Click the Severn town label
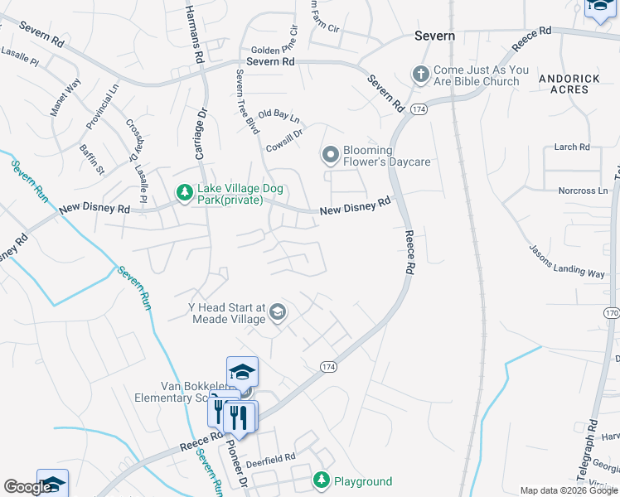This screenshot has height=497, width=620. click(x=434, y=36)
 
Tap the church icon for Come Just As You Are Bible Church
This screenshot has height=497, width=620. click(x=421, y=75)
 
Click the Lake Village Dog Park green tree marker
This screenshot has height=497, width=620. click(x=183, y=193)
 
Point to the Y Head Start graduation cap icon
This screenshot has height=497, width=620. click(x=278, y=311)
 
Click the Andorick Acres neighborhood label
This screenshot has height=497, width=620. click(x=569, y=83)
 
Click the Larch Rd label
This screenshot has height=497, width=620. click(x=572, y=147)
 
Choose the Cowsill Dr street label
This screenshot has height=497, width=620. click(x=284, y=138)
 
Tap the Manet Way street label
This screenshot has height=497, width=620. click(x=66, y=97)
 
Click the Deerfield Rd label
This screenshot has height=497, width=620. click(x=272, y=456)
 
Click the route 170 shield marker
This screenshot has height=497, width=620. click(x=612, y=313)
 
